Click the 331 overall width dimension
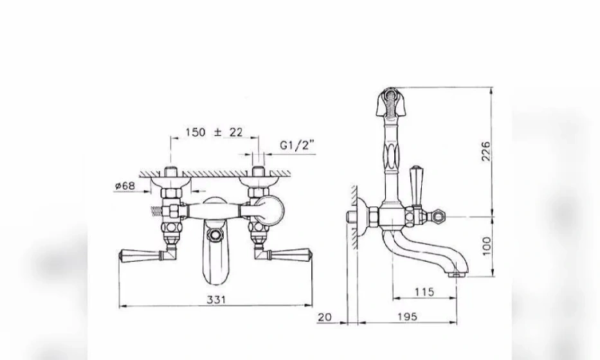click(x=216, y=300)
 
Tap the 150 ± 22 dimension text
click(x=214, y=132)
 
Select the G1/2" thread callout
click(x=297, y=145)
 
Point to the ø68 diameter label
click(x=125, y=186)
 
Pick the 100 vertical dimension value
click(x=486, y=246)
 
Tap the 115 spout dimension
click(x=424, y=292)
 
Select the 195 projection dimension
click(x=407, y=317)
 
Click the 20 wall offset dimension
click(x=325, y=317)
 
